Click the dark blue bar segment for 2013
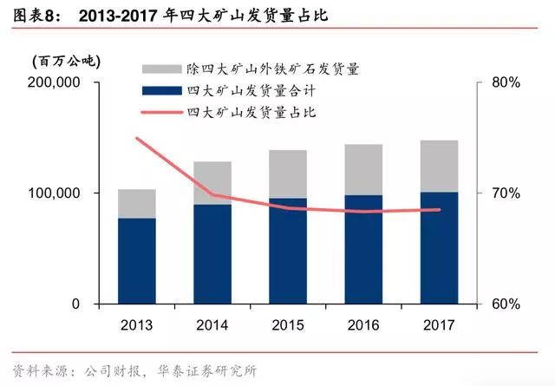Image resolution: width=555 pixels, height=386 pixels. click(x=137, y=260)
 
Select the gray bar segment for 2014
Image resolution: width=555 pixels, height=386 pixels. click(x=212, y=182)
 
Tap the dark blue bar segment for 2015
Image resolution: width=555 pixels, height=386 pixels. click(x=288, y=251)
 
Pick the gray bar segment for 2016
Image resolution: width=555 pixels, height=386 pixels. click(x=363, y=169)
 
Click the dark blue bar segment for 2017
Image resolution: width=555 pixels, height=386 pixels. click(x=439, y=247)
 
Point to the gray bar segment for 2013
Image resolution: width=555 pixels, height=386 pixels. click(x=137, y=203)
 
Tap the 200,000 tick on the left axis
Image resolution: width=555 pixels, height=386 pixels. click(x=55, y=82)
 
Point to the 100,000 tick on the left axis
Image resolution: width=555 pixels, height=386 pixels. click(x=55, y=193)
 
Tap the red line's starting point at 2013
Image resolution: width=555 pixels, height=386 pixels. click(x=137, y=139)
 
